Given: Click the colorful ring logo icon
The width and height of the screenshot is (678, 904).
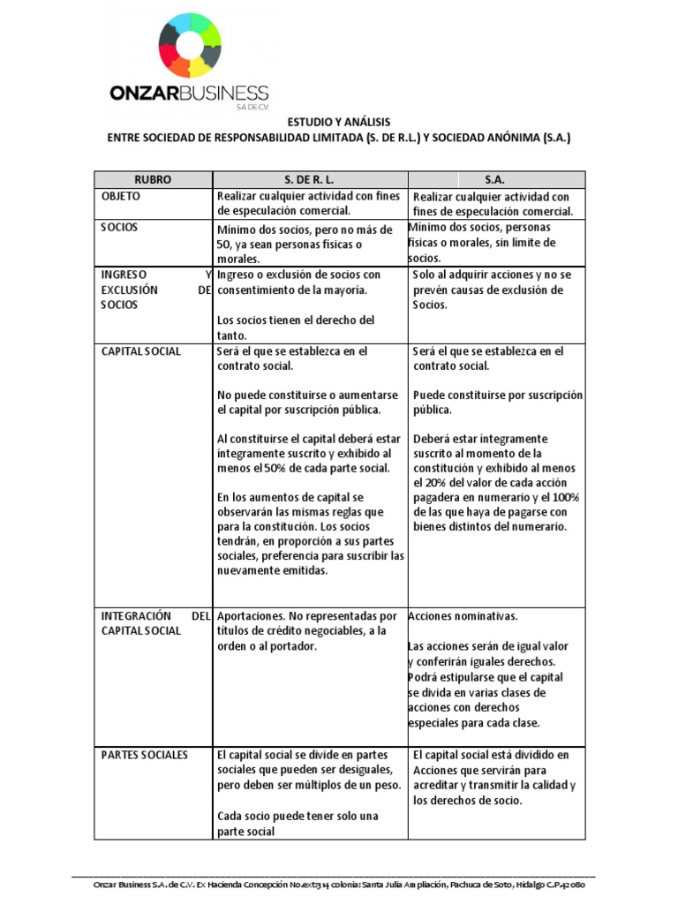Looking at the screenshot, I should click(190, 45).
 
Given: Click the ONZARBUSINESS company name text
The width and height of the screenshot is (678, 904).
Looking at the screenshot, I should click(189, 93).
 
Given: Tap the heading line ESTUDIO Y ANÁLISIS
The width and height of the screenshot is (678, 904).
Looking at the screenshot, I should click(338, 122).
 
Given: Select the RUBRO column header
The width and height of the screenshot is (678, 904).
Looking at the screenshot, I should click(153, 179).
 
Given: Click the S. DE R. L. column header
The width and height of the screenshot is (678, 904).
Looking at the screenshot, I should click(309, 179).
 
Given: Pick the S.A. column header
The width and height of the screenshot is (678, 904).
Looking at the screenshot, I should click(494, 179).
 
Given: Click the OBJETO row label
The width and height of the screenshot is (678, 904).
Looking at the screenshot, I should click(121, 196).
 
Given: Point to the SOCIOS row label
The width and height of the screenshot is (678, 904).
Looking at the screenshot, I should click(120, 227).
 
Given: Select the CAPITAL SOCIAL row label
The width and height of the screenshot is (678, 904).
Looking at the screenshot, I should click(141, 351).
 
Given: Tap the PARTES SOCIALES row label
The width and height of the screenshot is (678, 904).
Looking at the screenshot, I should click(145, 755).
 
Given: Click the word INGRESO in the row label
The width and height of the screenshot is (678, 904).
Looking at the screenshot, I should click(124, 275).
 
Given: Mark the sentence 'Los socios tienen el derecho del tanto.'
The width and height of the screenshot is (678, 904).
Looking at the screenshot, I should click(295, 328).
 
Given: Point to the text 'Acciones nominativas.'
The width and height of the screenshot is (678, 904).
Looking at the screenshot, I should click(463, 615).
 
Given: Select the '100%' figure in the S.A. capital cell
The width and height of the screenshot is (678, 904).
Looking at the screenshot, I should click(565, 498).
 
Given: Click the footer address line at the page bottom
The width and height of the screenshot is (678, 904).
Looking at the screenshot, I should click(338, 885).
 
